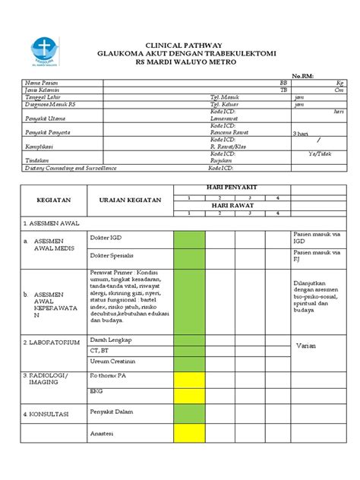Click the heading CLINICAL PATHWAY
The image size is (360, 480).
pyautogui.click(x=180, y=46)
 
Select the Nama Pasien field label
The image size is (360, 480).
pyautogui.click(x=43, y=82)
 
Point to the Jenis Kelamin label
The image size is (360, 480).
pyautogui.click(x=43, y=90)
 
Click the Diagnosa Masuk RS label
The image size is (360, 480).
pyautogui.click(x=51, y=105)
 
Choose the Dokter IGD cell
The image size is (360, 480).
pyautogui.click(x=106, y=238)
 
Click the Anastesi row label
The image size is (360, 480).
pyautogui.click(x=103, y=434)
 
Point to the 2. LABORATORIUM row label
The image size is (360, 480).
pyautogui.click(x=51, y=343)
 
